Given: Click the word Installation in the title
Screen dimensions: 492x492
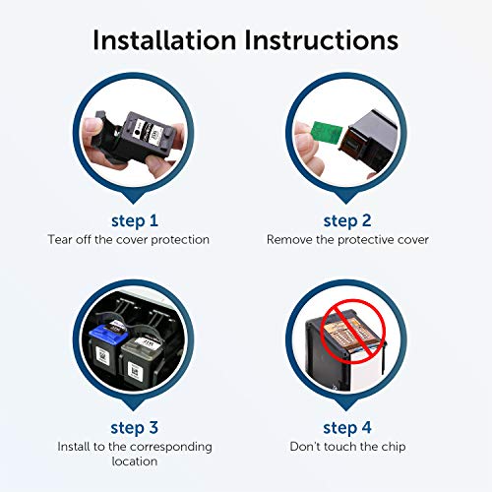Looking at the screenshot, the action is [x=164, y=40].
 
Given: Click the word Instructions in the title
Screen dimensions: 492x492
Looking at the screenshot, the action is [x=322, y=40].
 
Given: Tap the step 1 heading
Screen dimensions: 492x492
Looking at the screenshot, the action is [x=135, y=221].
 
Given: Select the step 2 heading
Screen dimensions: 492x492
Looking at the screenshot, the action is [x=347, y=221].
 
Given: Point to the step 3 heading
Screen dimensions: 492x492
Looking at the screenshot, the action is [x=135, y=428].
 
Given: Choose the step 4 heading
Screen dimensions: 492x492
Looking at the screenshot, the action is [x=347, y=428].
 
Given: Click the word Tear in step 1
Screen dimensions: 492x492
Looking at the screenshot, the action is [x=59, y=239].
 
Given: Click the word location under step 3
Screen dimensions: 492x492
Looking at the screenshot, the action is [x=135, y=461].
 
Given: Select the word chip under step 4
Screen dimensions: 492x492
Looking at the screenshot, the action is [x=394, y=447].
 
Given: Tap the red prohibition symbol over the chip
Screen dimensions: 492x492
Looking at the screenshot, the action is [x=352, y=332].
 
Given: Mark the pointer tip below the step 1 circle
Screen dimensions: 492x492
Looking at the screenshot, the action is [x=133, y=204].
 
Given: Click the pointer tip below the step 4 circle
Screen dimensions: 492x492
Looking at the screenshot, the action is [x=346, y=410].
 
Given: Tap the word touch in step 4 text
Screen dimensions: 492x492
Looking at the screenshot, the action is [x=339, y=447].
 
